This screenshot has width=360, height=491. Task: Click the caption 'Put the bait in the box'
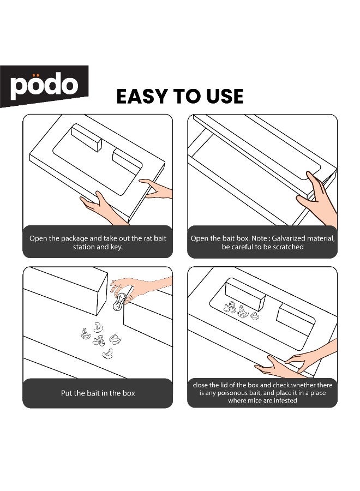tap(98, 393)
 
